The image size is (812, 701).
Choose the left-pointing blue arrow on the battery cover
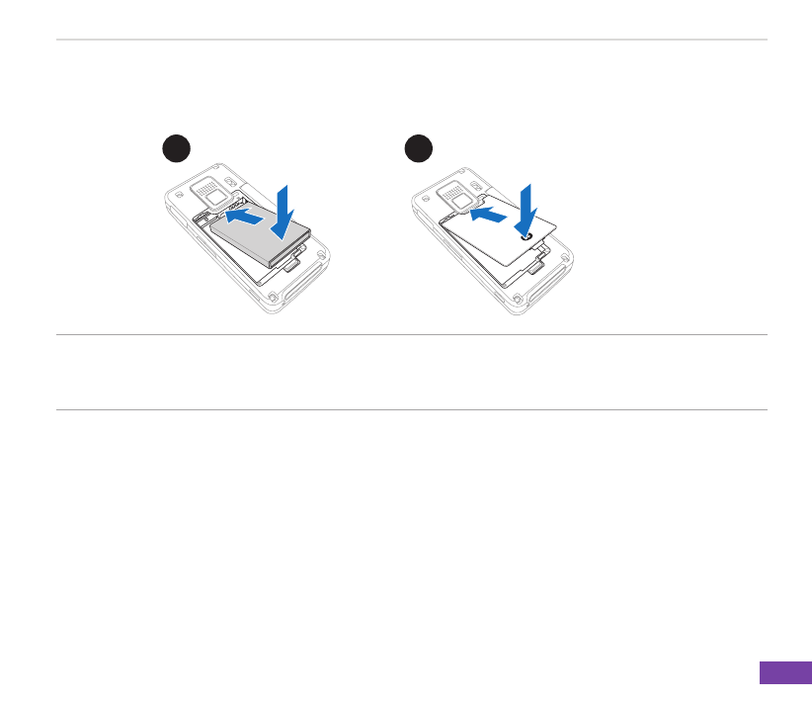pyautogui.click(x=488, y=213)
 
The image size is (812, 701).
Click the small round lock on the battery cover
pyautogui.click(x=527, y=237)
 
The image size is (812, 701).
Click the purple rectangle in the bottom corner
pyautogui.click(x=785, y=672)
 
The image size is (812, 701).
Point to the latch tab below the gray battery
pyautogui.click(x=293, y=265)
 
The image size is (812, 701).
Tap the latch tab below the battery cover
pyautogui.click(x=536, y=266)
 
